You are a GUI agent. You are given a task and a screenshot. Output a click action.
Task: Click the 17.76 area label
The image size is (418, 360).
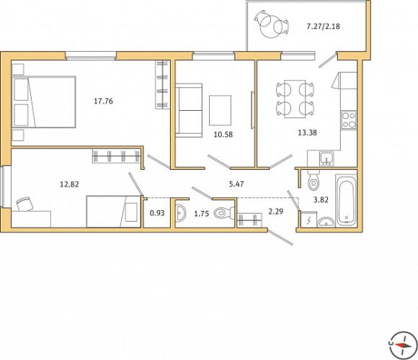pyautogui.click(x=104, y=102)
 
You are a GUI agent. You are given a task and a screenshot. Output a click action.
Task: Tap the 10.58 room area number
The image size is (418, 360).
pyautogui.click(x=223, y=135)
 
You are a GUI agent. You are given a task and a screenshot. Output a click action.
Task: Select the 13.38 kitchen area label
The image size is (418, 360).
pyautogui.click(x=307, y=132)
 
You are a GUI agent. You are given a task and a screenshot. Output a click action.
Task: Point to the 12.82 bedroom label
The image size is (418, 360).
pyautogui.click(x=69, y=184)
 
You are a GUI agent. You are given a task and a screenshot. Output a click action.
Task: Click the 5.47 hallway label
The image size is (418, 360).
pyautogui.click(x=236, y=184)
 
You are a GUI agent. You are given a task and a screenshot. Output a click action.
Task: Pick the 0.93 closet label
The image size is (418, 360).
pyautogui.click(x=157, y=213)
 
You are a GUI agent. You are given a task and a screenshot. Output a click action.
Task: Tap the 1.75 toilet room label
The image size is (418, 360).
pyautogui.click(x=202, y=214)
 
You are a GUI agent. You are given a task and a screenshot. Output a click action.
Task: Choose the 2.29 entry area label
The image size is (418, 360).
pyautogui.click(x=275, y=212)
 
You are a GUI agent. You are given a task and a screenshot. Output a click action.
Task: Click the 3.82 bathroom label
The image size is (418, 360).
pyautogui.click(x=321, y=199)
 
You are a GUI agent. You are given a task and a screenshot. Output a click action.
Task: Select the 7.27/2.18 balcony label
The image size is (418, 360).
pyautogui.click(x=323, y=27)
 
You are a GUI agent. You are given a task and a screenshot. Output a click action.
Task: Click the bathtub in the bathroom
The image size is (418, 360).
pyautogui.click(x=346, y=200)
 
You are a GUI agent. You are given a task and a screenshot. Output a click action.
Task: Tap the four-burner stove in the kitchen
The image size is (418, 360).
pyautogui.click(x=349, y=120)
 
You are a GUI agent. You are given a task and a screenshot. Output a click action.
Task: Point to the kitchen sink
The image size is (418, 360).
pyautogui.click(x=326, y=158)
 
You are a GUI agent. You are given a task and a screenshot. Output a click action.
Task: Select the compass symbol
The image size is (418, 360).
pyautogui.click(x=403, y=346)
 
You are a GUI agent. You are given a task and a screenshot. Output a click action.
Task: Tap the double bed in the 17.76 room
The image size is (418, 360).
pyautogui.click(x=44, y=102)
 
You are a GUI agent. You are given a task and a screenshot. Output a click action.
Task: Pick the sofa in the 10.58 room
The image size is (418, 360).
pyautogui.click(x=189, y=110)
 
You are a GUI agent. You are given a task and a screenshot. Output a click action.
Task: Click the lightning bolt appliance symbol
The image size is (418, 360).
pyautogui.click(x=308, y=220)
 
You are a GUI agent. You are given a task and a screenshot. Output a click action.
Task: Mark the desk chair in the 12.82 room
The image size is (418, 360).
pyautogui.click(x=25, y=204)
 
